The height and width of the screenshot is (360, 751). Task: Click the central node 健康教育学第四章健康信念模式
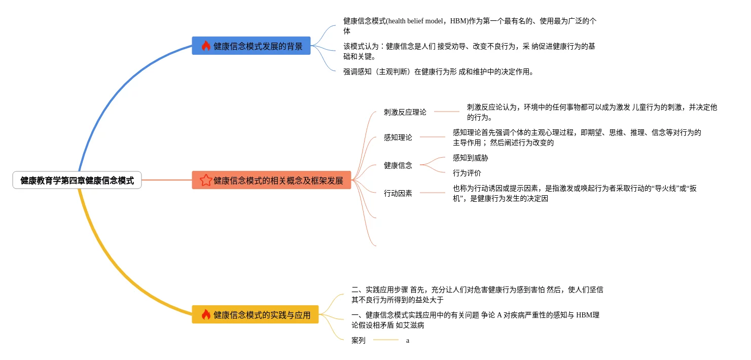[x=77, y=180]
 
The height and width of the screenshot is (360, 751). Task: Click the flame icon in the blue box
[x=206, y=46]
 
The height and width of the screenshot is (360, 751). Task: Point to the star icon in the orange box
[x=206, y=180]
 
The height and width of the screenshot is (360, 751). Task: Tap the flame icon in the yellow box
[x=206, y=314]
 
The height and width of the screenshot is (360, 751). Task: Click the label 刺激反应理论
[x=405, y=112]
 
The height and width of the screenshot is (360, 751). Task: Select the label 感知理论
[x=398, y=137]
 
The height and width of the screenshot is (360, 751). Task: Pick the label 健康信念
[x=398, y=165]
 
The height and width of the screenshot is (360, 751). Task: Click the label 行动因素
[x=398, y=193]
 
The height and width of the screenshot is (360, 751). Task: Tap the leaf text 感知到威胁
[x=470, y=158]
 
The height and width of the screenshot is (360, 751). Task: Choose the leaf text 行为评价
[x=467, y=173]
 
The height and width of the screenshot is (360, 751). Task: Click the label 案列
[x=358, y=340]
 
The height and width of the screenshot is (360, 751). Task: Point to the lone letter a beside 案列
[x=408, y=341]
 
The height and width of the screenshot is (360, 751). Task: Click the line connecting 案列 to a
[x=385, y=340]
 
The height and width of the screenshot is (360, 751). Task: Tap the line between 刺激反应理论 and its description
[x=446, y=112]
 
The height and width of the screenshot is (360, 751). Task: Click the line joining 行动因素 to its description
[x=432, y=193]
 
